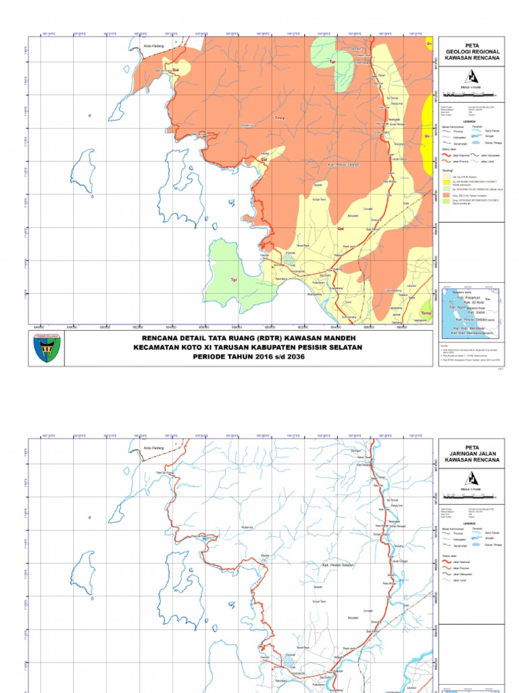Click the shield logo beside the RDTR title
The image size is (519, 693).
coord(47,348)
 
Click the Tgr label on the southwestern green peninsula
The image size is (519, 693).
coord(234,279)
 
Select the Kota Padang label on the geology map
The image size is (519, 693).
coord(154,45)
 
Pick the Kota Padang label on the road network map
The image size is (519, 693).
coord(154,447)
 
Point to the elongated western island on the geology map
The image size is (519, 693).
coord(84,171)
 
